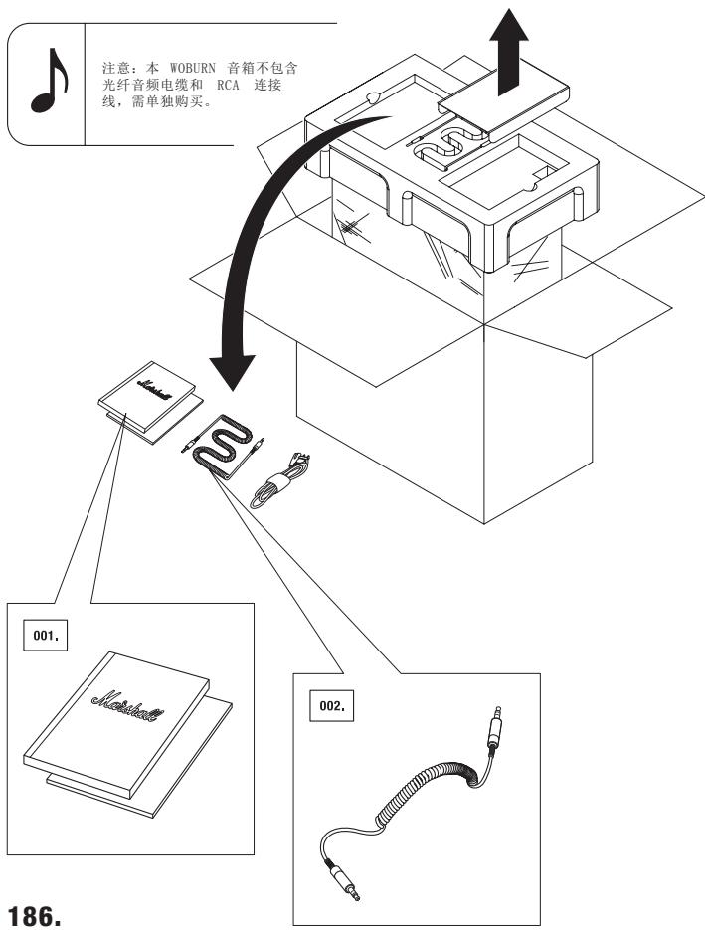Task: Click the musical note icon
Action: point(49,82)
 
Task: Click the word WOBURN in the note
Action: point(192,67)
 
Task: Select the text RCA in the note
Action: point(228,85)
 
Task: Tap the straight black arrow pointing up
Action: point(509,52)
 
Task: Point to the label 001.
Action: point(45,636)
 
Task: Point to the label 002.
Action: point(331,706)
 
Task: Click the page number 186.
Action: point(34,915)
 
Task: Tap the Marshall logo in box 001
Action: point(128,707)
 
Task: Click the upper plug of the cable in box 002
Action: point(494,726)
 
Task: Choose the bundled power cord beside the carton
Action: point(279,480)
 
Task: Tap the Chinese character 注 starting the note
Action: point(108,67)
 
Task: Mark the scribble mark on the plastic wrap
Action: point(351,226)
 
